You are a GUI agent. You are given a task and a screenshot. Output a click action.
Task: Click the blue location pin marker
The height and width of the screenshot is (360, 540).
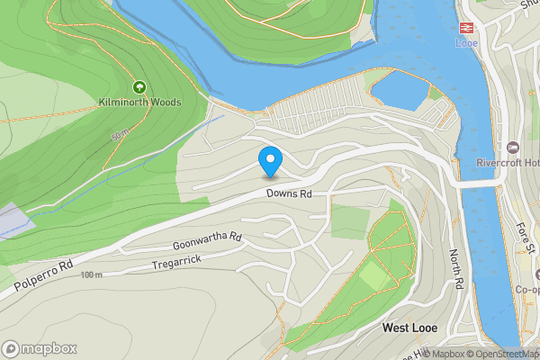270,161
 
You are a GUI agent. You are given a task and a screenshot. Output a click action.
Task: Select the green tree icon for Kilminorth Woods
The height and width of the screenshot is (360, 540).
139,87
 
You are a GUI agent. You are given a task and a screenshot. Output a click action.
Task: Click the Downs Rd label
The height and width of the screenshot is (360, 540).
288,193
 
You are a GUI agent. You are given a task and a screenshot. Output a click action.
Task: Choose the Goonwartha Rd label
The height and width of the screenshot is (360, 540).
208,240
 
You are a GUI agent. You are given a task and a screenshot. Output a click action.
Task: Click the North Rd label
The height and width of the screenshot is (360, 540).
456,269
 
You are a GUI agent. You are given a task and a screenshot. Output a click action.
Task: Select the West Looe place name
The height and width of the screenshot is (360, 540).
409,328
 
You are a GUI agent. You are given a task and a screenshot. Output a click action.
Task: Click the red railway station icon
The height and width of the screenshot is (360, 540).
466,28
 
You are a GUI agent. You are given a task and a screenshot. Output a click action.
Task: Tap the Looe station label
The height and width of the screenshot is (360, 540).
466,42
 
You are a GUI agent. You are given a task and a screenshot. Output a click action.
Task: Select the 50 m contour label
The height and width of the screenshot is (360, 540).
120,136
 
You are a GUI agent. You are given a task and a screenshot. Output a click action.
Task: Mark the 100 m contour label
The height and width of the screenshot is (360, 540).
91,274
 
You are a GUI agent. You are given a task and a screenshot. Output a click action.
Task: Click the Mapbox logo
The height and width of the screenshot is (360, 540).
40,348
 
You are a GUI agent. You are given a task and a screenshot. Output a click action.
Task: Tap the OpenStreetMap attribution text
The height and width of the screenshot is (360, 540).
504,354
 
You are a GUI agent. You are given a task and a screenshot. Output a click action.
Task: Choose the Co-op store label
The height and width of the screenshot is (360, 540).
526,290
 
